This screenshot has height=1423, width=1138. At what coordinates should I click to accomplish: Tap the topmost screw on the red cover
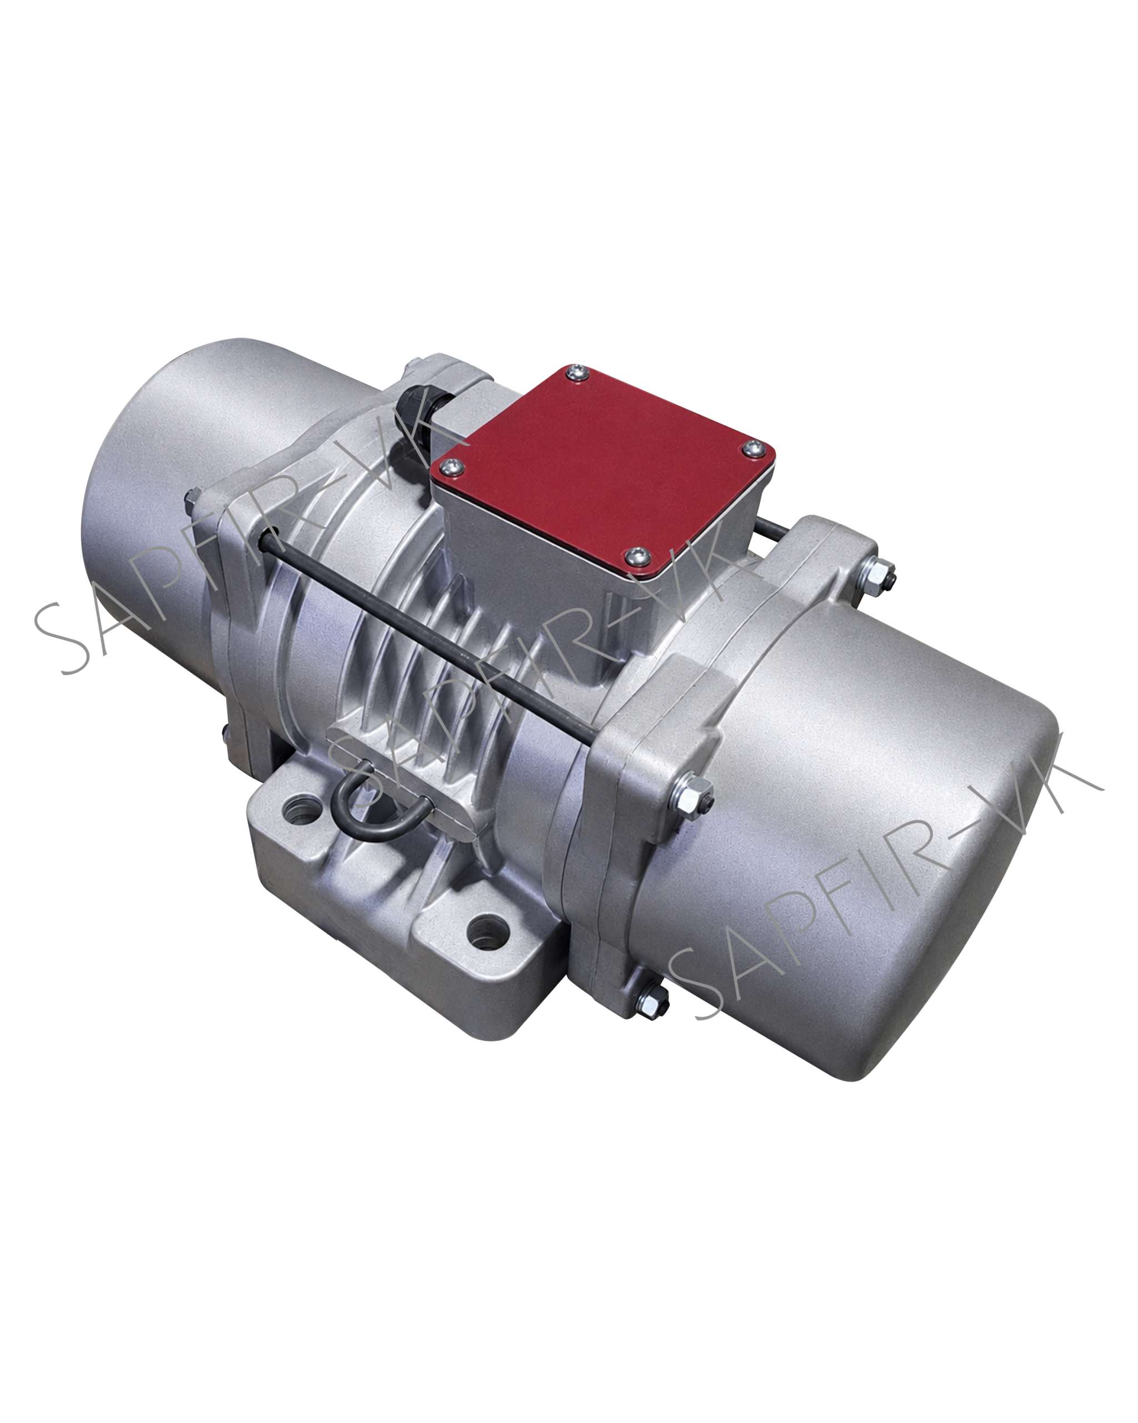coord(578,374)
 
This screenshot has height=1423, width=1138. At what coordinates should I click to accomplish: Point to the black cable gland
coord(420,402)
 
